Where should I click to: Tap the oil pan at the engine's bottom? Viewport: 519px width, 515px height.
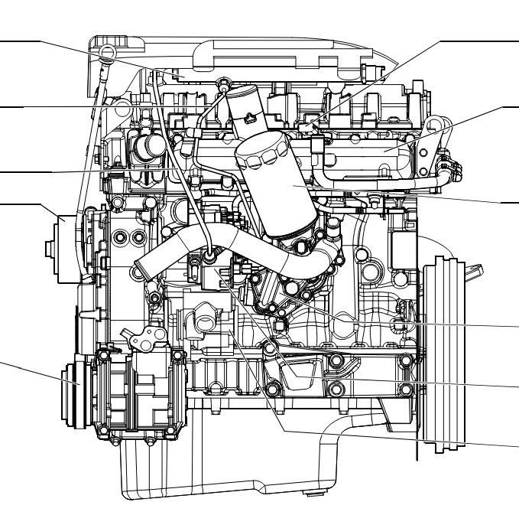[x=229, y=459]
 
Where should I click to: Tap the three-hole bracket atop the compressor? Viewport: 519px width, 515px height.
[x=145, y=337]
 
